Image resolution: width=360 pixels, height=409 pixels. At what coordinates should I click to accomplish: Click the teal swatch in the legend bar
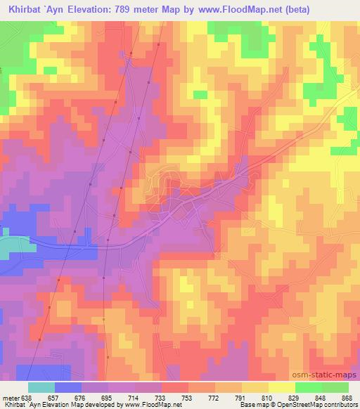[x=41, y=387]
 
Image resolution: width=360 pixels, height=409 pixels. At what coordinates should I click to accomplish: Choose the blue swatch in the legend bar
[x=68, y=387]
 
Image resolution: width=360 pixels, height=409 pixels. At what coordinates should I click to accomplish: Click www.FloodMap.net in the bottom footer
[x=136, y=405]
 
